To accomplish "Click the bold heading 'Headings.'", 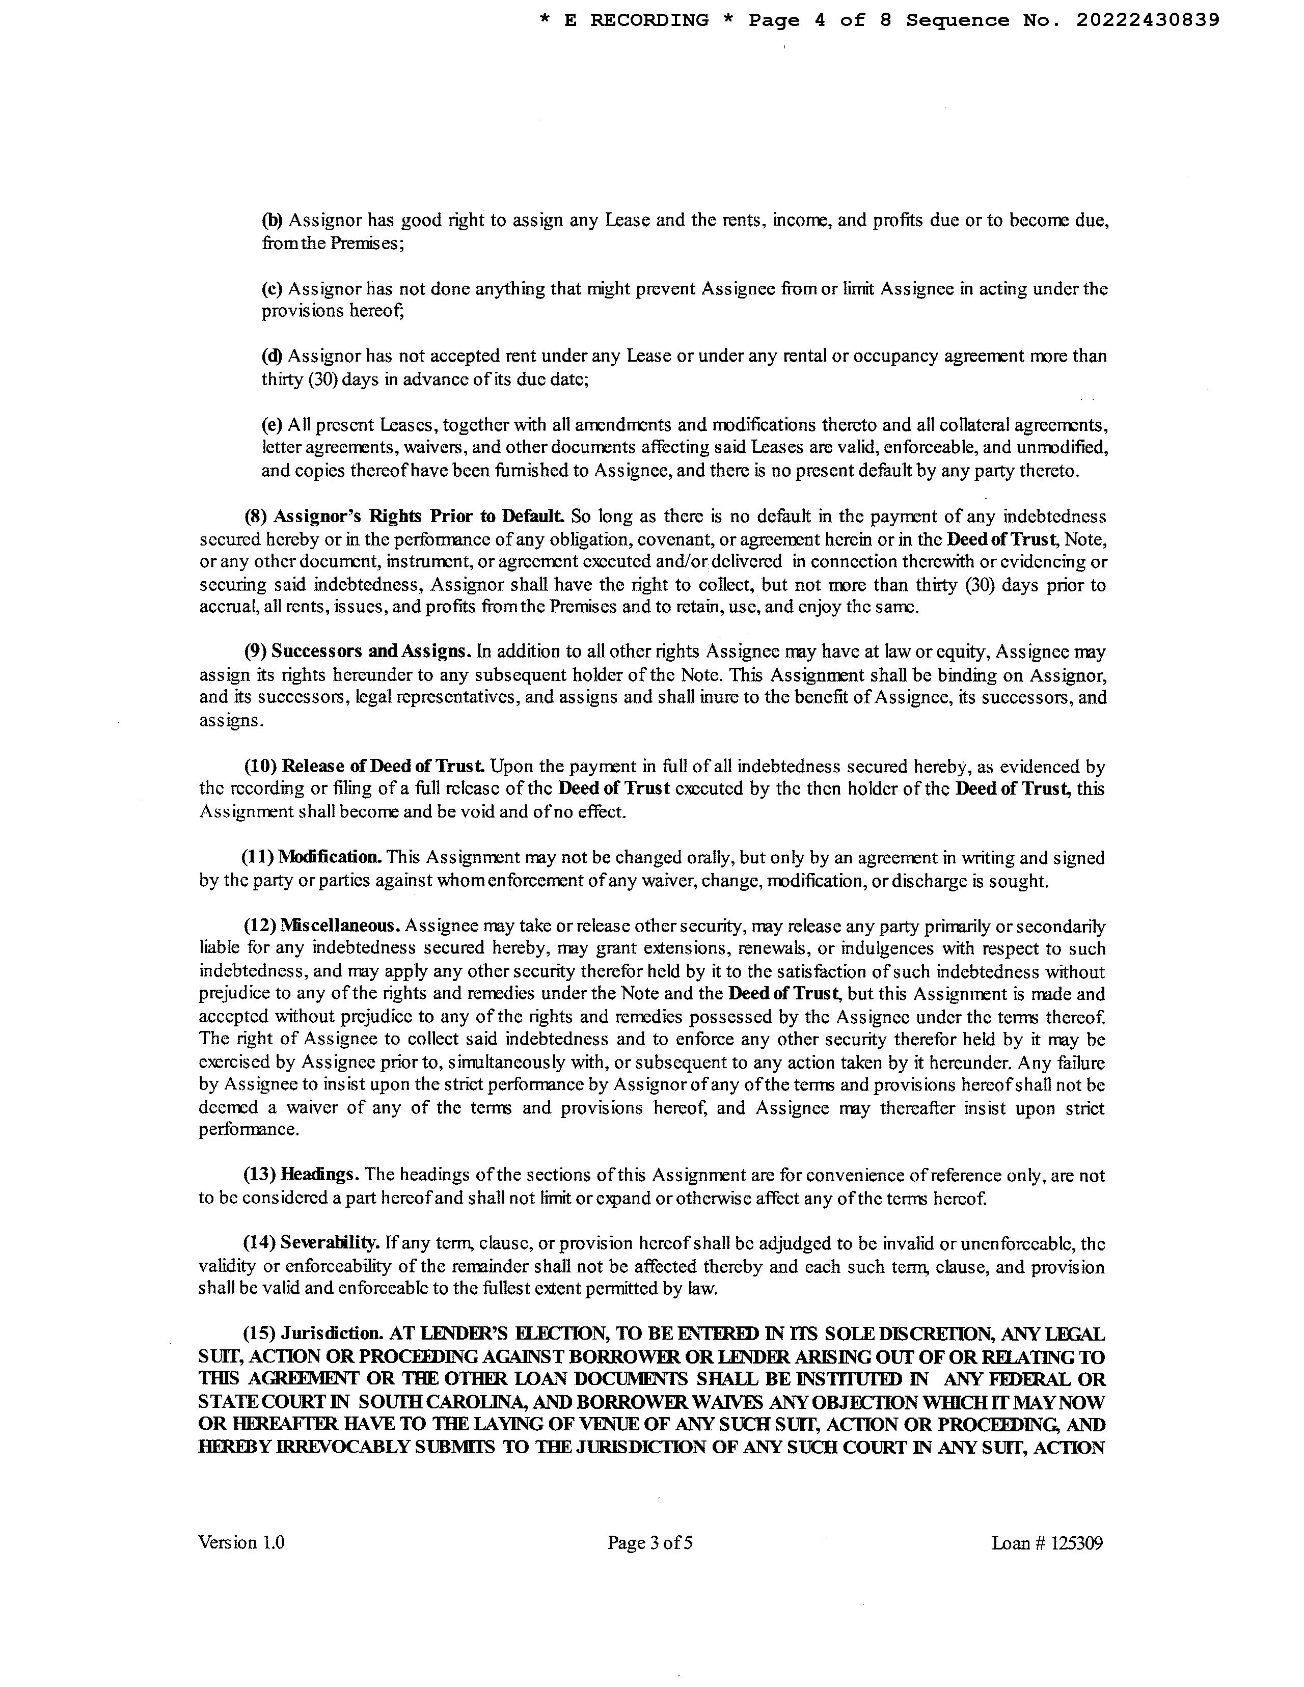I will point(320,1176).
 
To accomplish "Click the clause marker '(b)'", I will point(272,221).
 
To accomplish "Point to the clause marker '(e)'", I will point(272,425).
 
